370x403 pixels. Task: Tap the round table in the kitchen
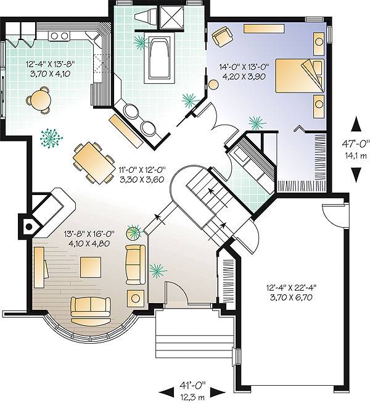[39, 99]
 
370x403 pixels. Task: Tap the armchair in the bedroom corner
[220, 38]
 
